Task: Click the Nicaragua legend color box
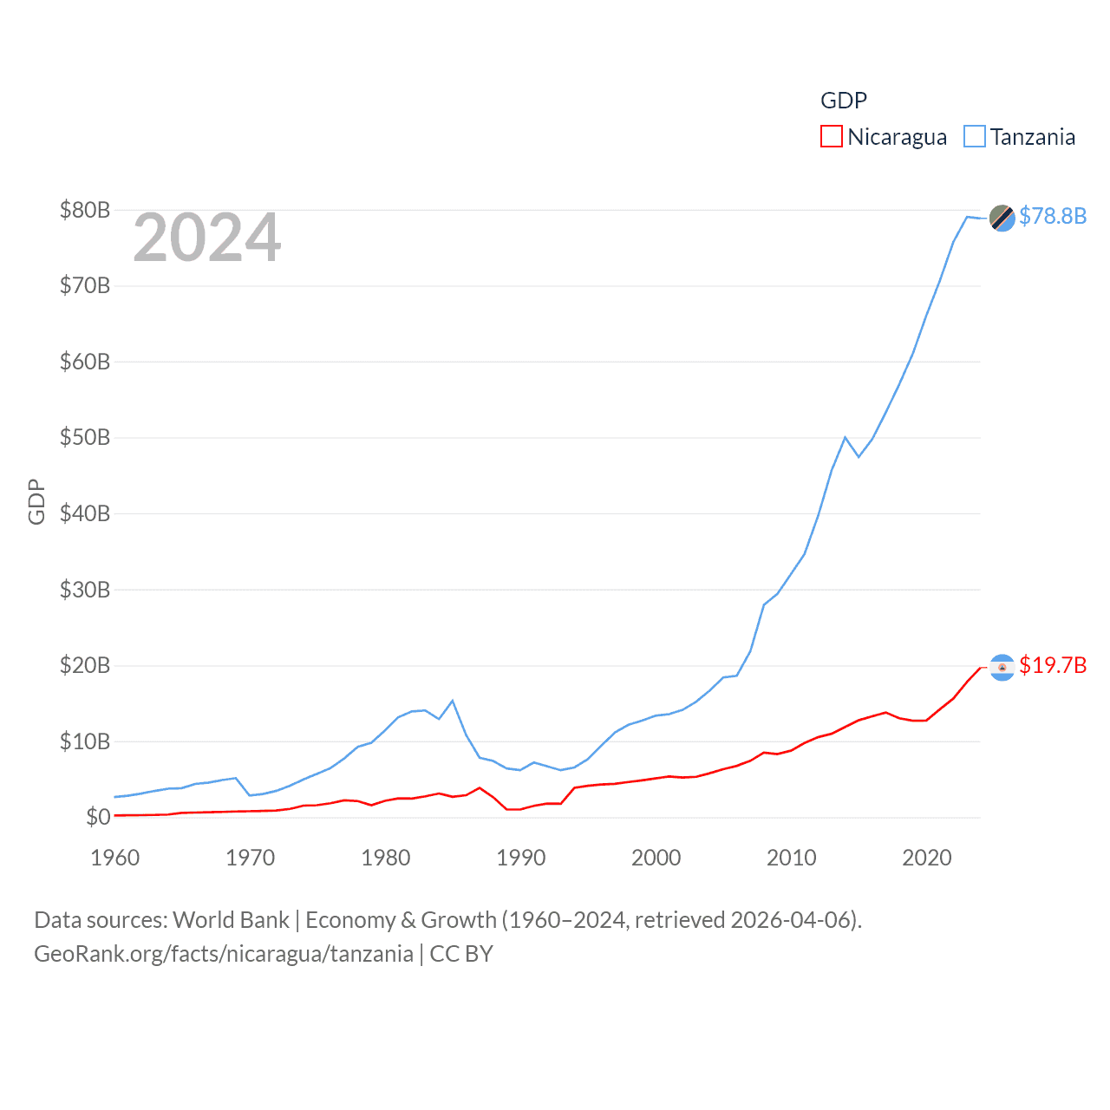[831, 137]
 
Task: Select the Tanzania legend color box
[975, 137]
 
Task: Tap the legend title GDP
[843, 101]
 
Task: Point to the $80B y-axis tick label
[85, 210]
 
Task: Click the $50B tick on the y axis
[85, 437]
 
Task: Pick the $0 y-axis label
[98, 817]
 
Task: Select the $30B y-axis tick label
[85, 590]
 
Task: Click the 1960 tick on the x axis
[115, 858]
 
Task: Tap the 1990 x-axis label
[521, 858]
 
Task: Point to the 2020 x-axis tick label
[927, 858]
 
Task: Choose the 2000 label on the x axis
[656, 858]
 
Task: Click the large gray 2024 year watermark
[207, 238]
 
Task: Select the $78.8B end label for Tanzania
[1053, 216]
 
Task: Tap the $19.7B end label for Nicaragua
[1053, 665]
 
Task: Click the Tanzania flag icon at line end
[1002, 219]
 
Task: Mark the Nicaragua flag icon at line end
[1002, 667]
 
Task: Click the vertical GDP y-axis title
[36, 501]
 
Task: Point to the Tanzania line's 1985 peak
[453, 701]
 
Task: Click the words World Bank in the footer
[231, 919]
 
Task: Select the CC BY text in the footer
[461, 954]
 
